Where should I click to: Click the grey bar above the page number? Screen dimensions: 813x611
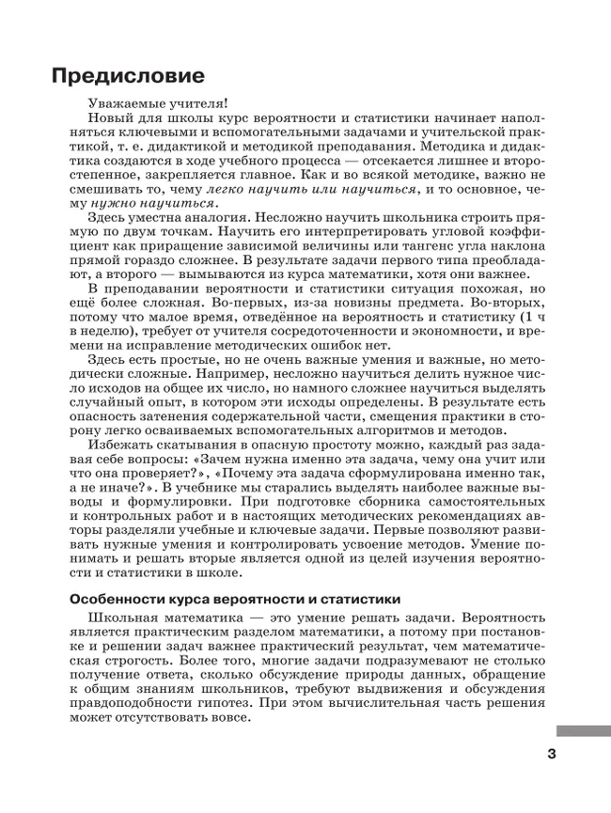click(583, 730)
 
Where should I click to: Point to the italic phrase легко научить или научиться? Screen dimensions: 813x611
click(310, 189)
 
